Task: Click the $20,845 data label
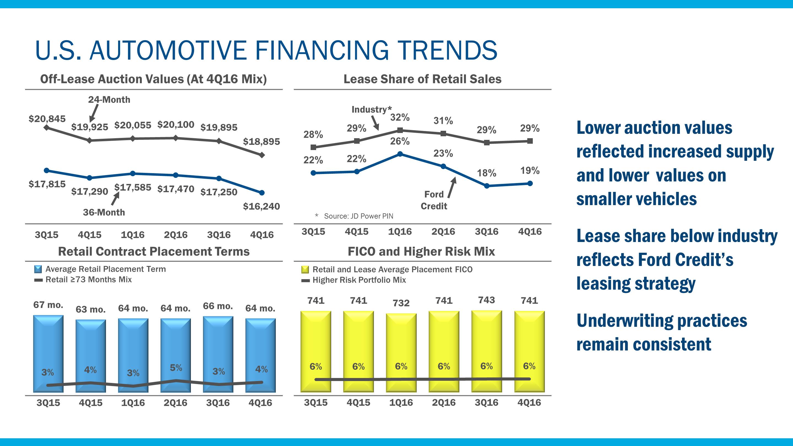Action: tap(47, 119)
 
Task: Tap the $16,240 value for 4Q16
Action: tap(261, 206)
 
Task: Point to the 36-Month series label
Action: tap(104, 212)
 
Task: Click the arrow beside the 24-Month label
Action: tap(94, 113)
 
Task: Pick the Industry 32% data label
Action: tap(400, 117)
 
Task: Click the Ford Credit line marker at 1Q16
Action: tap(400, 154)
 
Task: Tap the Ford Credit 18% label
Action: tap(486, 173)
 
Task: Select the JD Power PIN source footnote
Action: tap(358, 216)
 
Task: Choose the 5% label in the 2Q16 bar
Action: tap(176, 368)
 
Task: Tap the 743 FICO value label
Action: tap(486, 300)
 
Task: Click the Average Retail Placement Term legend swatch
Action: tap(38, 269)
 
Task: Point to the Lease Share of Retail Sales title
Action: tap(422, 79)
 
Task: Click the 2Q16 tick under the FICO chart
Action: tap(444, 403)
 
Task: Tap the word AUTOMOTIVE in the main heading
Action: tap(168, 50)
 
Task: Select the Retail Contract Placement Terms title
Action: tap(154, 251)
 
